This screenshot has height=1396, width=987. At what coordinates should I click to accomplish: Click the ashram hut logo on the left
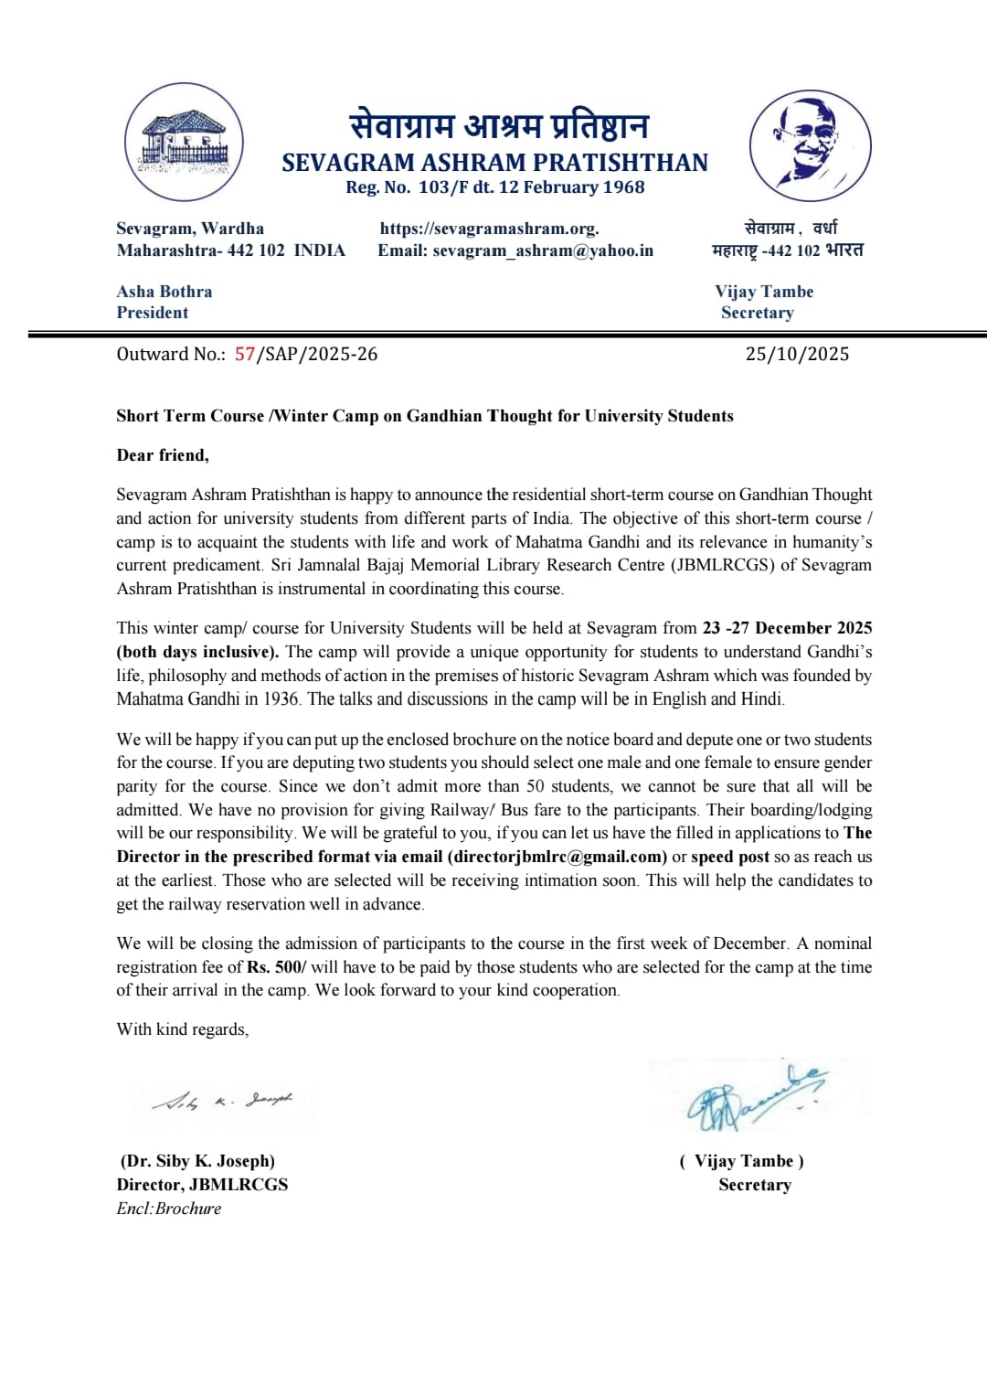(x=184, y=142)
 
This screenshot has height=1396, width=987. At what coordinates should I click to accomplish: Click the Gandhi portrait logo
(x=810, y=144)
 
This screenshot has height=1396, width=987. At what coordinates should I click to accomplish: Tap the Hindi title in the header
(x=499, y=125)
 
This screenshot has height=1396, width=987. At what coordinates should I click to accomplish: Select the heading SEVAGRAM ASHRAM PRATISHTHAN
(x=494, y=163)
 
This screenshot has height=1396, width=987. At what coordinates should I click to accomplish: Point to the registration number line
(x=494, y=187)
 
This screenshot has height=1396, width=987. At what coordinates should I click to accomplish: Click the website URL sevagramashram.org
(x=489, y=229)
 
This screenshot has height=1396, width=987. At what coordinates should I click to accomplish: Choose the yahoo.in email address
(x=543, y=250)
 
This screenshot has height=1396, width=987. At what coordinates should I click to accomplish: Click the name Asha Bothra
(x=164, y=292)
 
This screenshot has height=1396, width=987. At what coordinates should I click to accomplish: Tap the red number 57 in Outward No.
(x=244, y=355)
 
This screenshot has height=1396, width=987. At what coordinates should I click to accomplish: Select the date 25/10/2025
(x=797, y=355)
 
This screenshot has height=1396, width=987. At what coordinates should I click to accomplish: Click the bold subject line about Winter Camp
(x=424, y=416)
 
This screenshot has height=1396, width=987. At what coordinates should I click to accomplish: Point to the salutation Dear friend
(x=163, y=455)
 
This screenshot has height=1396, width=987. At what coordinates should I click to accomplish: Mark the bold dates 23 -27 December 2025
(x=787, y=628)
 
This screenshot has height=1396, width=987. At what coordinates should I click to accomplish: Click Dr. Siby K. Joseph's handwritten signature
(x=223, y=1101)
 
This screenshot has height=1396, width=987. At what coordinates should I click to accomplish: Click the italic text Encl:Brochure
(x=169, y=1209)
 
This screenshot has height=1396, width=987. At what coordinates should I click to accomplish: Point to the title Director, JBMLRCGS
(x=202, y=1185)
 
